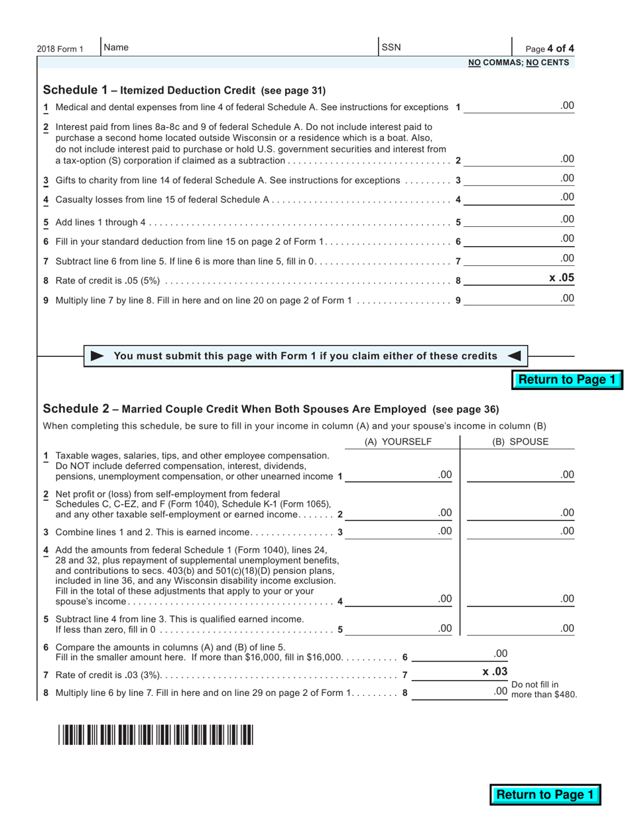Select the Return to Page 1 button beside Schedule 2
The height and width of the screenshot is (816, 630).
(x=567, y=379)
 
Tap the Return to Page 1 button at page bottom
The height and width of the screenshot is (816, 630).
(x=545, y=795)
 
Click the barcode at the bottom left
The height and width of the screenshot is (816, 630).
(x=155, y=735)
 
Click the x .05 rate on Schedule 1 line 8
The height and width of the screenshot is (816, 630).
(x=561, y=278)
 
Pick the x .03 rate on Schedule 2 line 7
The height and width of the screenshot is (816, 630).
(x=495, y=672)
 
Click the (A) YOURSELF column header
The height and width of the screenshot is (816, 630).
(x=398, y=442)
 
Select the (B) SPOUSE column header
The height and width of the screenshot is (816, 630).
(x=520, y=442)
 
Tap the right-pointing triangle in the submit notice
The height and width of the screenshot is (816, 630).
(x=97, y=356)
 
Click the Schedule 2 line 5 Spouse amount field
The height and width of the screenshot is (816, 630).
(x=520, y=628)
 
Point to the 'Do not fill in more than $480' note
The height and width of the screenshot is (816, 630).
(x=544, y=690)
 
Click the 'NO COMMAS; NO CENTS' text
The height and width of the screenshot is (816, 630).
(x=519, y=62)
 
